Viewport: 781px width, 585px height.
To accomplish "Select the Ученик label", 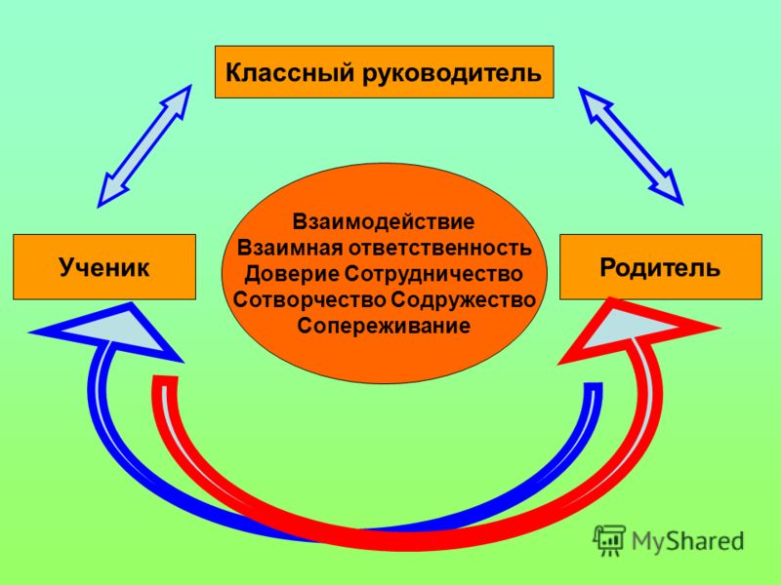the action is point(104,267).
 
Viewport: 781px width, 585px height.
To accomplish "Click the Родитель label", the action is point(660,267).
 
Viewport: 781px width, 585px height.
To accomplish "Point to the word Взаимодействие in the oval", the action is point(384,222).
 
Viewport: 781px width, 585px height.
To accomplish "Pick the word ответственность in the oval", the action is point(438,248).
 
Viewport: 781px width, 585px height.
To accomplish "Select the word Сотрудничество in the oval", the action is point(433,274).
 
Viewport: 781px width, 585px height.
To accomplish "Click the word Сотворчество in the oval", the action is point(309,300).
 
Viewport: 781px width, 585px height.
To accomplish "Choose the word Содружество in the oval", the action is point(463,300).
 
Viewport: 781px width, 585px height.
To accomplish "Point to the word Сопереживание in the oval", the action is point(384,327).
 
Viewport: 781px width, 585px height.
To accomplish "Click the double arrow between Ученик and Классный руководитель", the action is point(144,145).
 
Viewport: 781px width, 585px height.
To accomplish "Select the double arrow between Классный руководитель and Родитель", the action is point(631,145).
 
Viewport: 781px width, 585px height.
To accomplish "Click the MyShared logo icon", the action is point(608,540).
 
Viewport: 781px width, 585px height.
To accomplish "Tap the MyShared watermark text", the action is point(688,541).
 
